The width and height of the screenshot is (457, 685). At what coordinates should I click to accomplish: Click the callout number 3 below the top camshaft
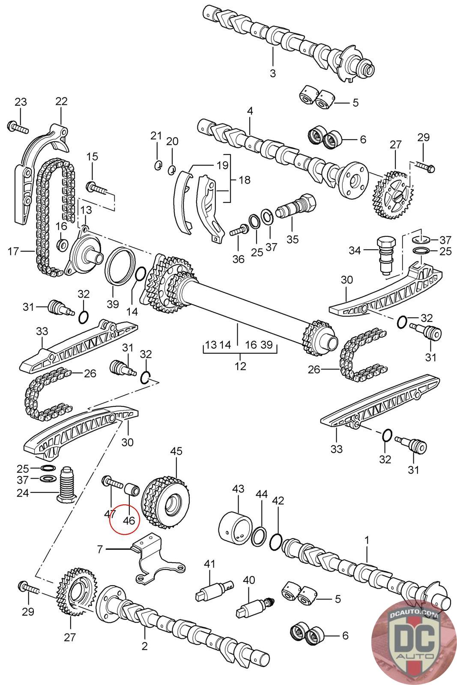click(x=273, y=73)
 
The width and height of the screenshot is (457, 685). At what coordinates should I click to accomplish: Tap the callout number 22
click(x=61, y=101)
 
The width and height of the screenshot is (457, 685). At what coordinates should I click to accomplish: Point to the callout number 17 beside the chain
click(x=13, y=251)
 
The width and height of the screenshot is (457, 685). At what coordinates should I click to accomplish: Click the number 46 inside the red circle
click(x=129, y=521)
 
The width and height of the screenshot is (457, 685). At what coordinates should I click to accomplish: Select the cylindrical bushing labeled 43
click(x=235, y=526)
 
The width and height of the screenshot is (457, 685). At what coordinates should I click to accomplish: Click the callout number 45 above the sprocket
click(x=176, y=451)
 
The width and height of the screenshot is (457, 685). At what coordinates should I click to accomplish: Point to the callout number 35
click(x=293, y=239)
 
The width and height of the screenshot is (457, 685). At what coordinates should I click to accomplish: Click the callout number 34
click(x=355, y=250)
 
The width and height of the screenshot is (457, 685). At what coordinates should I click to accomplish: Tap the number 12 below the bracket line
click(x=240, y=366)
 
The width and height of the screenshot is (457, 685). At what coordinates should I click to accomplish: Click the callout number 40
click(x=249, y=580)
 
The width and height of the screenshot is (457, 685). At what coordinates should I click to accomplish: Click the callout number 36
click(x=238, y=259)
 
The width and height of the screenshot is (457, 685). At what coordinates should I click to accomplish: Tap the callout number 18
click(x=245, y=179)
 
